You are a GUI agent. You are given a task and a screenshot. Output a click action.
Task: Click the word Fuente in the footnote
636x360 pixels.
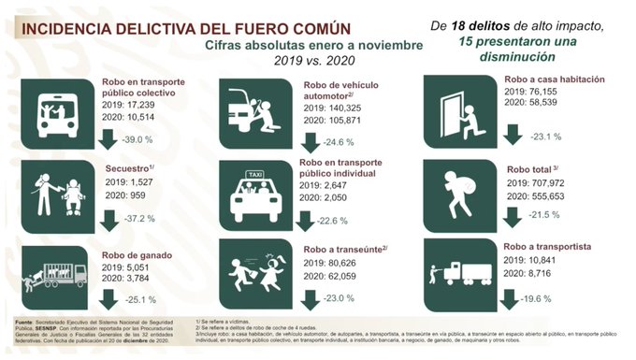click(x=26, y=320)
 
